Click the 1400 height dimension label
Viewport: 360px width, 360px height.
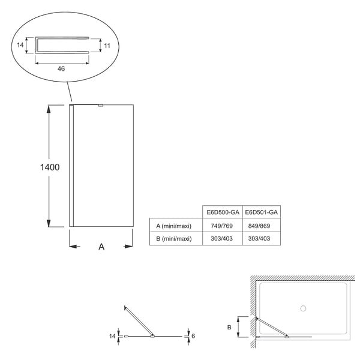pyautogui.click(x=50, y=167)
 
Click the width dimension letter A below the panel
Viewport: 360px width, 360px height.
pyautogui.click(x=101, y=247)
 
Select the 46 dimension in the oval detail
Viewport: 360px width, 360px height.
pyautogui.click(x=61, y=68)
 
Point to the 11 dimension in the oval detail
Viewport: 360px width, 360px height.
pyautogui.click(x=107, y=46)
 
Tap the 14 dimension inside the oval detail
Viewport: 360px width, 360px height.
pyautogui.click(x=20, y=45)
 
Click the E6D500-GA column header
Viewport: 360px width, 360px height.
pyautogui.click(x=223, y=212)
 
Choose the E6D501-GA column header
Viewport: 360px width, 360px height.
pyautogui.click(x=261, y=212)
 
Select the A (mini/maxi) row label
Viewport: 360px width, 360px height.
pyautogui.click(x=173, y=226)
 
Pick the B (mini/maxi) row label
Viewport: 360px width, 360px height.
pyautogui.click(x=174, y=239)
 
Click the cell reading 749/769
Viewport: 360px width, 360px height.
pyautogui.click(x=221, y=226)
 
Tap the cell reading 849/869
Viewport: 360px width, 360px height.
pyautogui.click(x=259, y=226)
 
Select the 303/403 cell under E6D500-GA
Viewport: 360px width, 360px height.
pyautogui.click(x=221, y=239)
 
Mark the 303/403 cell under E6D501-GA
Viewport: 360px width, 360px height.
pyautogui.click(x=259, y=239)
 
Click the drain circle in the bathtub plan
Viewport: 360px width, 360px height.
pyautogui.click(x=303, y=308)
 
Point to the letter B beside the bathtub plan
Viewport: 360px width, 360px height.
pyautogui.click(x=229, y=328)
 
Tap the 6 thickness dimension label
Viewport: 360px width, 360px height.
pyautogui.click(x=193, y=336)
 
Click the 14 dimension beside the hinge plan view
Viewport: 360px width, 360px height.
pyautogui.click(x=112, y=336)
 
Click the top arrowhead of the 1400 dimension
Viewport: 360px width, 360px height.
pyautogui.click(x=49, y=109)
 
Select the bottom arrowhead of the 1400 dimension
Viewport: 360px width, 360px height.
pyautogui.click(x=49, y=223)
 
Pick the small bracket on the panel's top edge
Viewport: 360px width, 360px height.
pyautogui.click(x=101, y=106)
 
